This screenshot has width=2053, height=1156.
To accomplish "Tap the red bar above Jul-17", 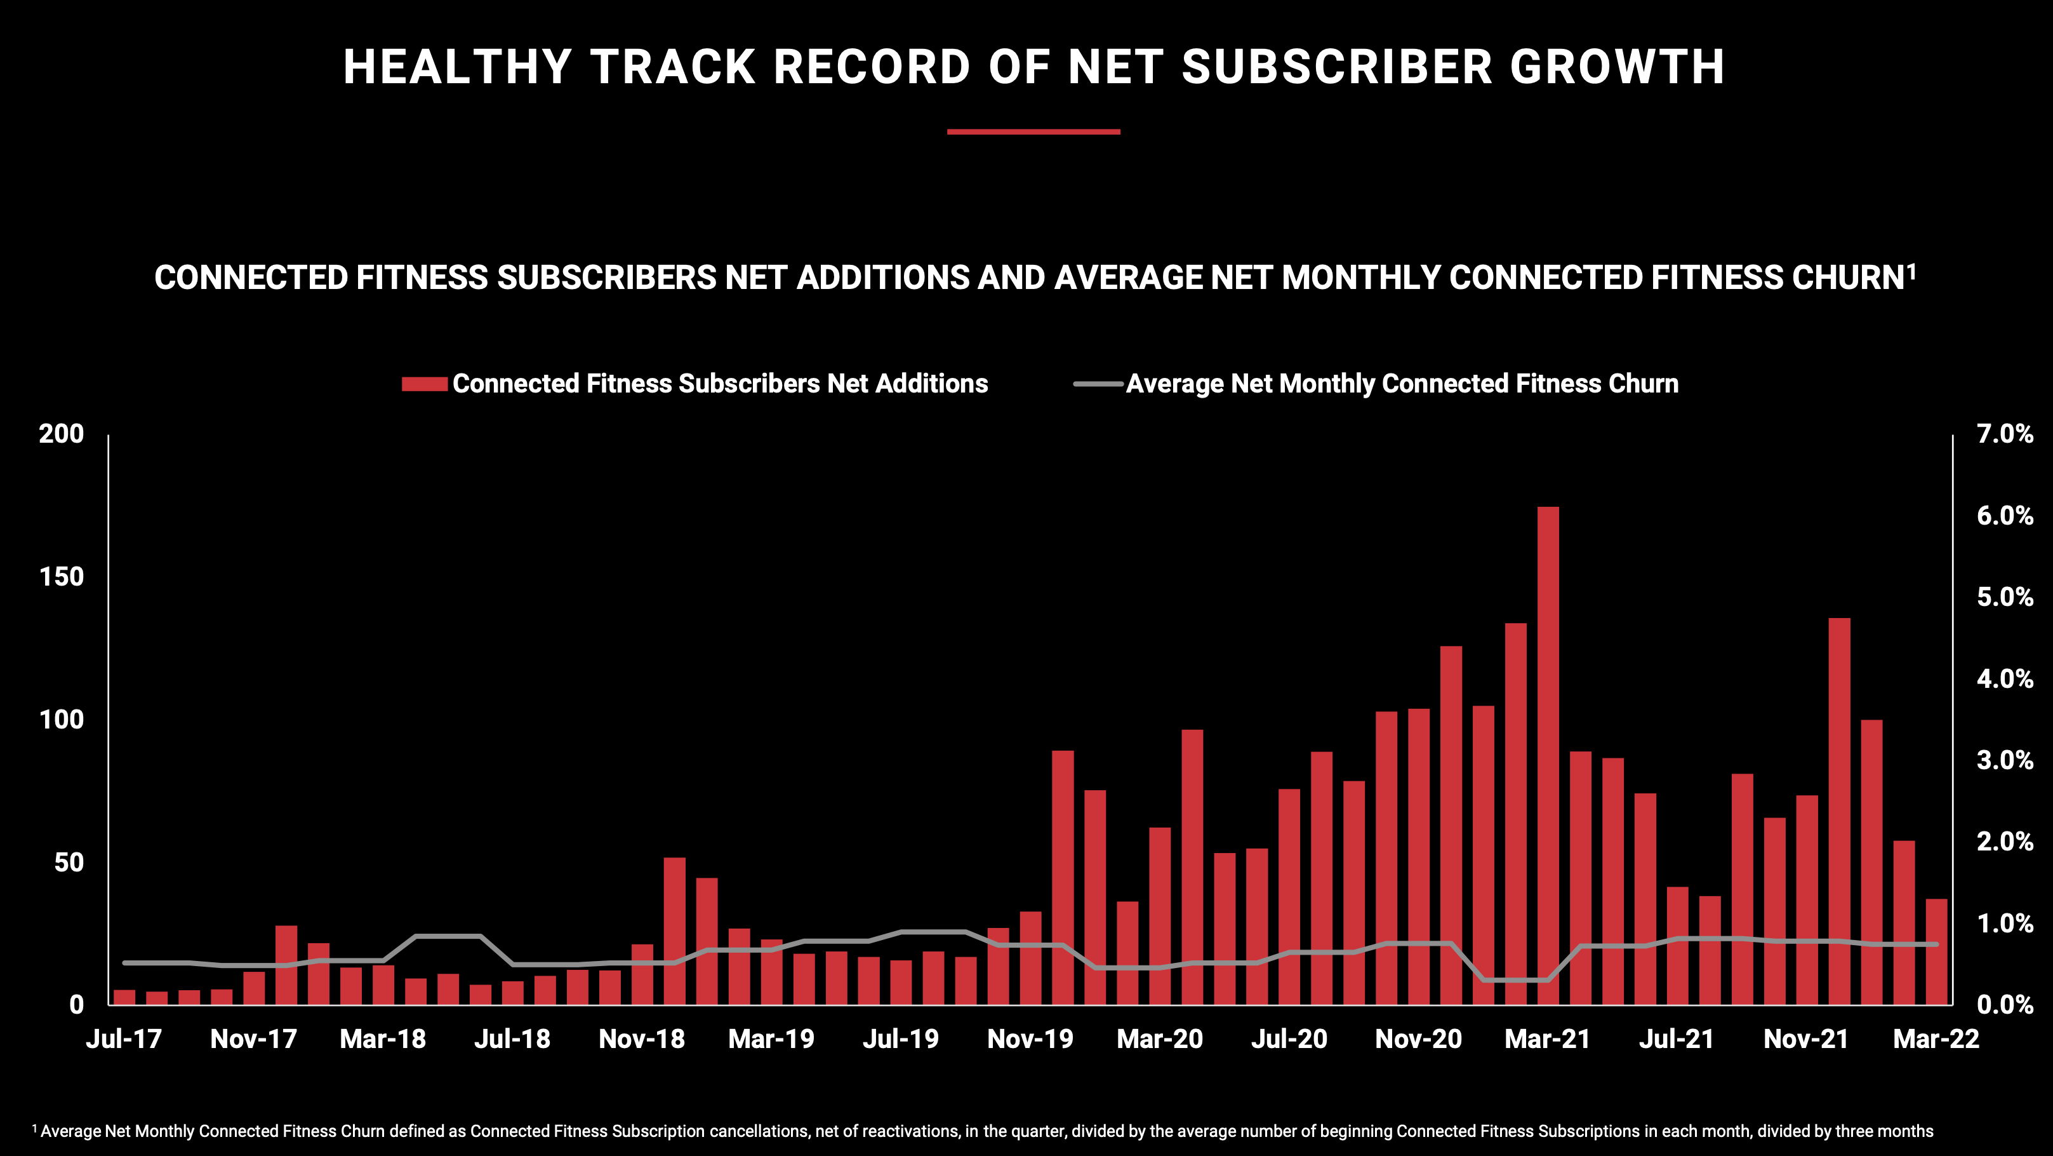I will click(124, 997).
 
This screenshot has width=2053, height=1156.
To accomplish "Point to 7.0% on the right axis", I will click(2004, 434).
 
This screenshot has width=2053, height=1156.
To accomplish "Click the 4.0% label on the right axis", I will click(2004, 679).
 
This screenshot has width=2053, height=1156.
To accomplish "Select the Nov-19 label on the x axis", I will click(1030, 1038).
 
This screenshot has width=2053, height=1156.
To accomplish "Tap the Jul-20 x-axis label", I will click(1289, 1038).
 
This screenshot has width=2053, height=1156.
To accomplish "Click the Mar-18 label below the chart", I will click(383, 1038).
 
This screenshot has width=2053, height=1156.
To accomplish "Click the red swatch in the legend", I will click(424, 384).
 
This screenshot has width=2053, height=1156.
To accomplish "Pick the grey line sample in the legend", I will click(1098, 384).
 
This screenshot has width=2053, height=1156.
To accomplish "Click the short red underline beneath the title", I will click(1033, 131).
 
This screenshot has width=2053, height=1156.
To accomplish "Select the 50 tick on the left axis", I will click(69, 863).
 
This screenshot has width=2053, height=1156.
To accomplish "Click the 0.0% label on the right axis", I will click(2004, 1005).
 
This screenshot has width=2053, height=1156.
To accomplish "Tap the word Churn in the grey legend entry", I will click(1642, 384).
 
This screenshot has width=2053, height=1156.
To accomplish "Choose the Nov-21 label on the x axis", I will click(1806, 1038).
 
